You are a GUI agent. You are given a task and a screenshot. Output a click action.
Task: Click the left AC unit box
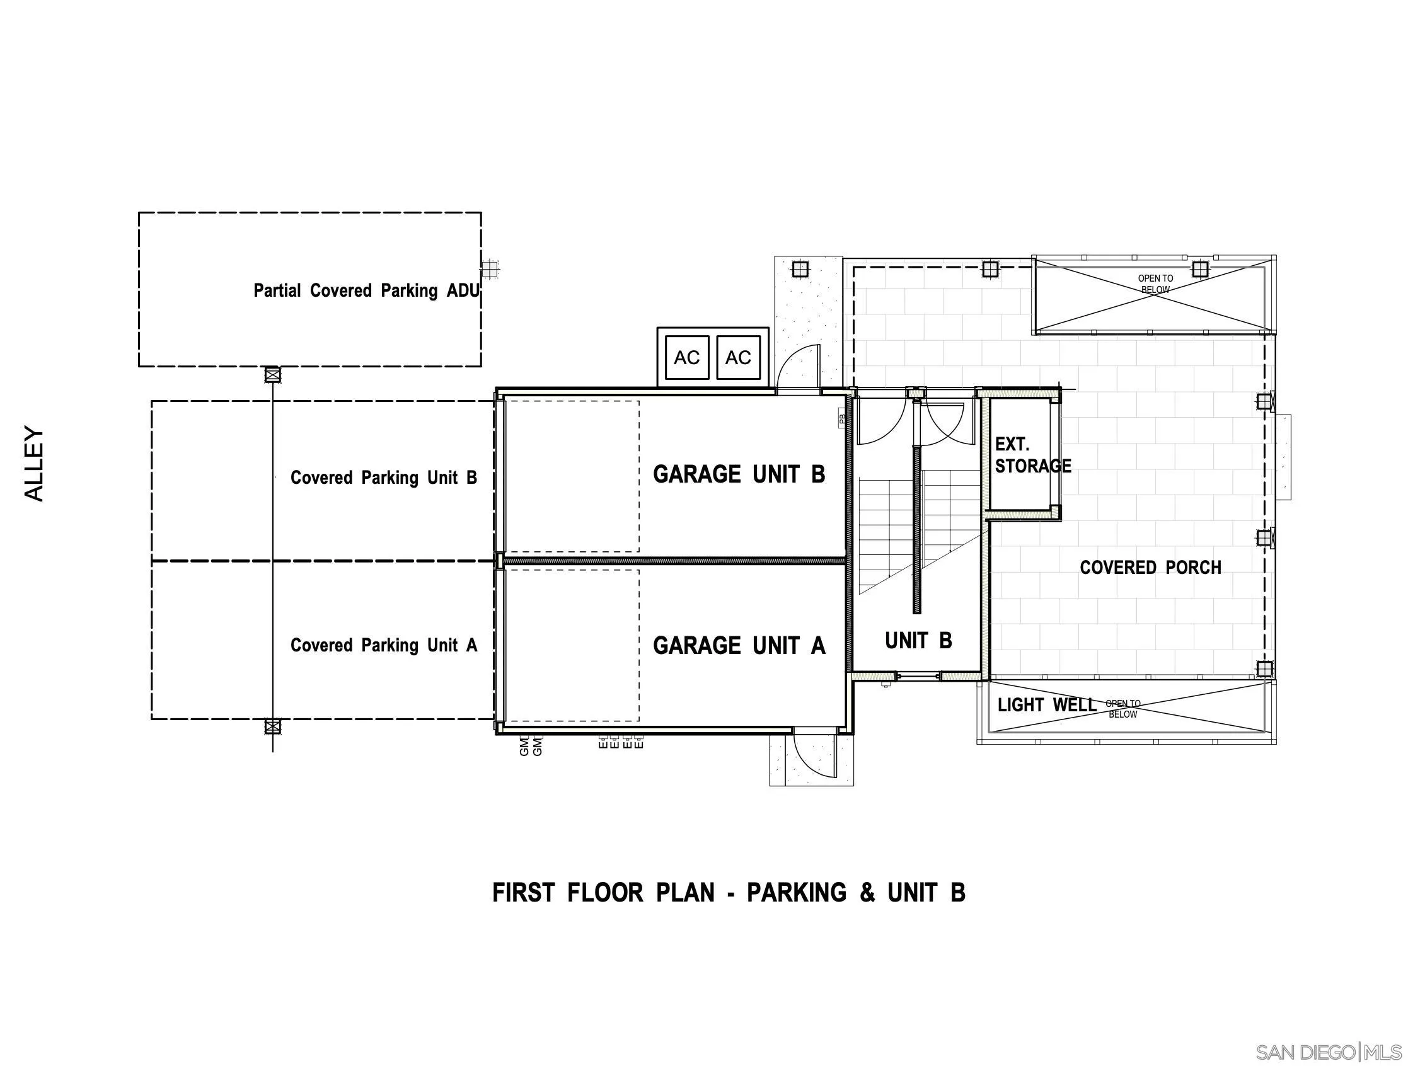click(687, 358)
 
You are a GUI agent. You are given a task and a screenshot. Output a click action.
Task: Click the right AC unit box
click(739, 358)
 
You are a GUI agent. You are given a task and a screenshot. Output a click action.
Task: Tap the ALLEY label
click(35, 463)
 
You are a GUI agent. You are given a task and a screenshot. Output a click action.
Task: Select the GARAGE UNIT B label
click(739, 475)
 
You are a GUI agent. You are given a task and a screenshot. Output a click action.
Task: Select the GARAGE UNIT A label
click(739, 646)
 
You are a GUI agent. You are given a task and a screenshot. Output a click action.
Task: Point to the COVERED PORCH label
click(1150, 568)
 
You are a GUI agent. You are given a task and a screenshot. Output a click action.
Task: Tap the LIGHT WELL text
click(1046, 705)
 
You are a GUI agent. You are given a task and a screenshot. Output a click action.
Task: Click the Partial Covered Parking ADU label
click(366, 291)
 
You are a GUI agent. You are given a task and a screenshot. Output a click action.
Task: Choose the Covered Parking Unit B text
click(383, 478)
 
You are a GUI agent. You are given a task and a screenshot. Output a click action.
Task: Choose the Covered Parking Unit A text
click(383, 645)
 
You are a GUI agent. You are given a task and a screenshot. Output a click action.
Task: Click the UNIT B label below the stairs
click(918, 641)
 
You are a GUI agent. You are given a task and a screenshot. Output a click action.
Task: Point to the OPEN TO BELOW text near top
click(1155, 284)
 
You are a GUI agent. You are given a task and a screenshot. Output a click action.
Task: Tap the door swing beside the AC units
click(799, 368)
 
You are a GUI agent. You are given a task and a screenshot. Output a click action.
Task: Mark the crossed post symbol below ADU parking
click(272, 375)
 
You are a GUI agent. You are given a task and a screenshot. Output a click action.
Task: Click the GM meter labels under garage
click(530, 746)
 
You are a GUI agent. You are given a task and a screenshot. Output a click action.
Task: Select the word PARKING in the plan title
click(796, 893)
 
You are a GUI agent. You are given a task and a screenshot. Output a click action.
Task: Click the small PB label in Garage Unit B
click(842, 420)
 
